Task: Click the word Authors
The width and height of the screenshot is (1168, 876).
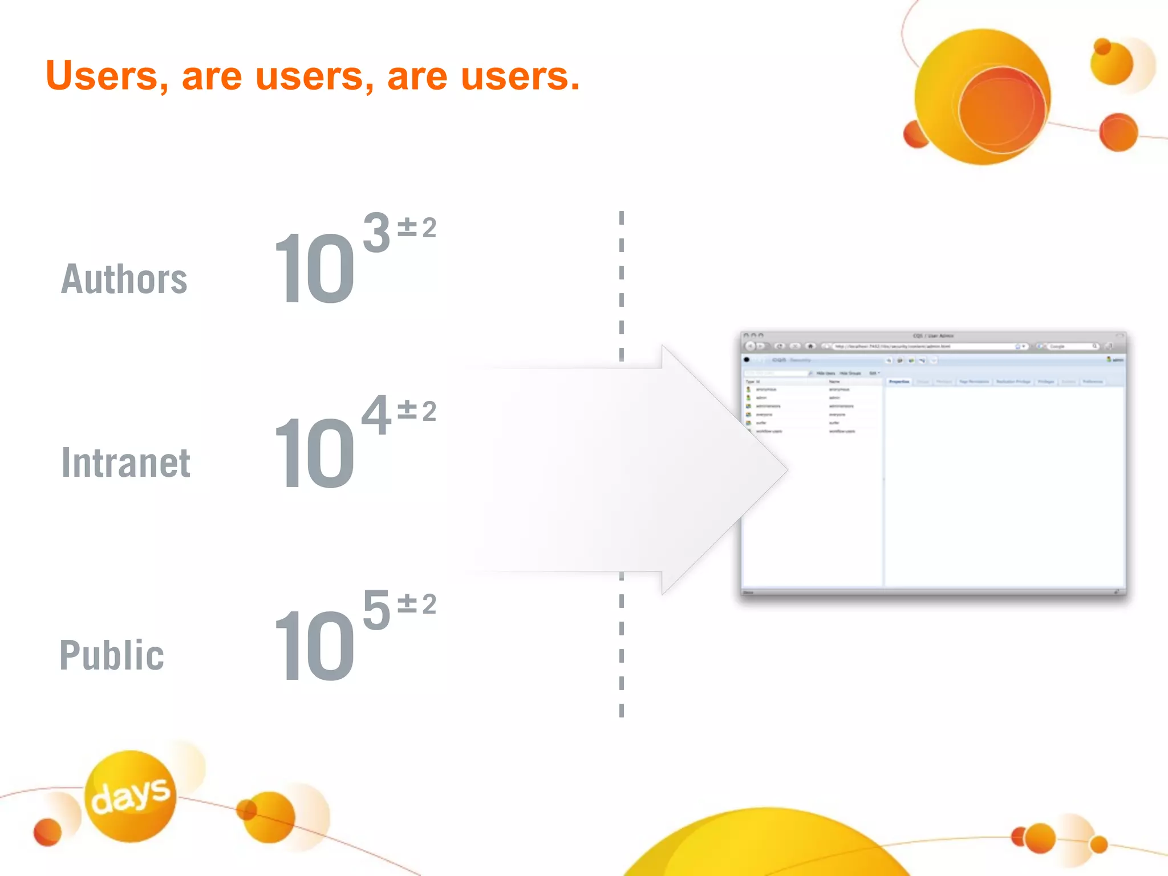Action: click(x=124, y=279)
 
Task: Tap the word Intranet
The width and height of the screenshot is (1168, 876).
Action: click(x=126, y=462)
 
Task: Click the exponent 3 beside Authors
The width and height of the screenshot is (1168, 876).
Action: click(x=376, y=232)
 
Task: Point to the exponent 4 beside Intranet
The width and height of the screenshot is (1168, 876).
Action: click(x=376, y=415)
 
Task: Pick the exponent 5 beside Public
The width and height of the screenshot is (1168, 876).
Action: click(x=376, y=610)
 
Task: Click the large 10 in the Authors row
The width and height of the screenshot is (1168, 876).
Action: click(x=314, y=269)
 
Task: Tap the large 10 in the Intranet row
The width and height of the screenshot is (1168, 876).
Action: click(x=314, y=452)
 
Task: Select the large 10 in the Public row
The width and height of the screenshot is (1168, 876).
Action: click(x=314, y=645)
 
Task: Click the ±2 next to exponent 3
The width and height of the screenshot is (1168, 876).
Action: click(x=417, y=228)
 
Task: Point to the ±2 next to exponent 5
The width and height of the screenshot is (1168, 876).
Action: click(x=417, y=604)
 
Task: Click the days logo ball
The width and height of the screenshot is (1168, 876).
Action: click(x=131, y=796)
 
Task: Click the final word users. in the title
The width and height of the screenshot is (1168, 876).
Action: click(x=520, y=76)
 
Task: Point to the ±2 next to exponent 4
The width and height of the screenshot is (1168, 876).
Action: click(x=417, y=411)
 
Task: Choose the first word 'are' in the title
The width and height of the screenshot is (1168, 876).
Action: click(x=212, y=76)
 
